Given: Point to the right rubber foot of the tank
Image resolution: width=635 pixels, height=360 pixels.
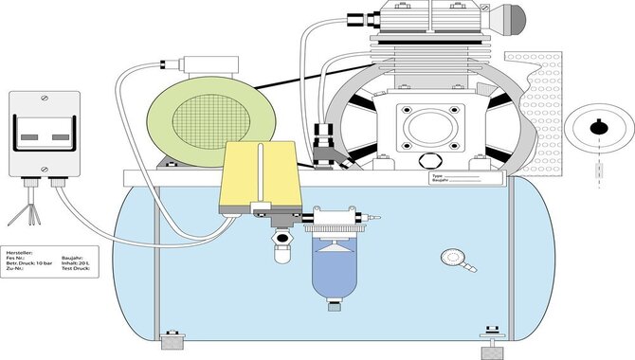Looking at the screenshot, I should pyautogui.click(x=491, y=341).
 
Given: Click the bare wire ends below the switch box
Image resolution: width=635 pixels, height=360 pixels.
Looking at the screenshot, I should pyautogui.click(x=28, y=217).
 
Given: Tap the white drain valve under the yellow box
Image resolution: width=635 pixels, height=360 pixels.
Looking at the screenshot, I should pyautogui.click(x=281, y=248).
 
